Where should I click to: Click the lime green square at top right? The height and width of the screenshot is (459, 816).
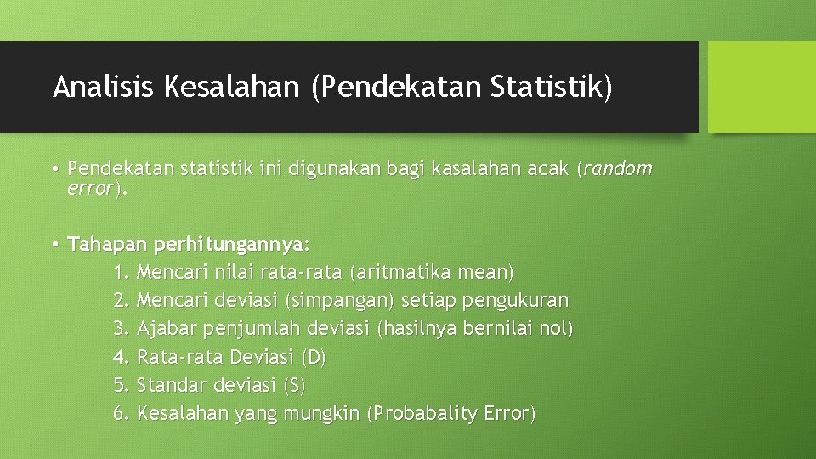pyautogui.click(x=762, y=87)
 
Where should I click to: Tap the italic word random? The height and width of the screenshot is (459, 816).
pyautogui.click(x=617, y=169)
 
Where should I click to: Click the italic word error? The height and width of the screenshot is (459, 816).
pyautogui.click(x=90, y=188)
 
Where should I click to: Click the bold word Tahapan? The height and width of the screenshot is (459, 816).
pyautogui.click(x=107, y=245)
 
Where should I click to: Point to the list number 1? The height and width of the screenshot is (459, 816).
pyautogui.click(x=121, y=273)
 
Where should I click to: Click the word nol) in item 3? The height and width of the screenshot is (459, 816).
pyautogui.click(x=557, y=329)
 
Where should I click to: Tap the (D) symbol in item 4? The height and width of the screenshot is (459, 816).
pyautogui.click(x=314, y=357)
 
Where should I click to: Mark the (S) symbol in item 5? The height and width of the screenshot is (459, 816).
pyautogui.click(x=293, y=385)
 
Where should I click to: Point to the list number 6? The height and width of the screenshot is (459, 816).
pyautogui.click(x=121, y=413)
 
